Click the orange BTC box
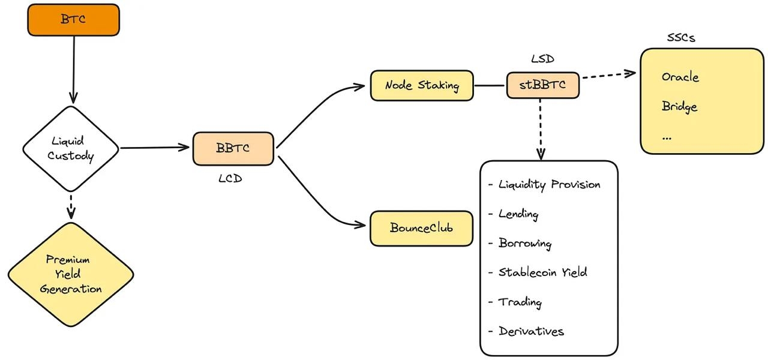click(73, 19)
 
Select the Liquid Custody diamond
click(71, 148)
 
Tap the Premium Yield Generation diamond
click(71, 275)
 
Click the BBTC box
click(233, 148)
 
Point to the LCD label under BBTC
click(230, 178)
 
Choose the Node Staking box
click(422, 85)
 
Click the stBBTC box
click(542, 85)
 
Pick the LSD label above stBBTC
click(542, 59)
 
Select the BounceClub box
click(421, 228)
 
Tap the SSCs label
click(681, 38)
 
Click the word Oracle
click(680, 77)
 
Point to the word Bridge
click(679, 107)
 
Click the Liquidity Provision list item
click(548, 184)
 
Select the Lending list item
click(518, 214)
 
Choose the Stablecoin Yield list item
click(542, 272)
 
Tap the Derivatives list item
click(530, 331)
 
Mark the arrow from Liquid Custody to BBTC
click(155, 148)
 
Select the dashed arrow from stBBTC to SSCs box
click(607, 76)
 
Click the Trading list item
click(520, 302)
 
